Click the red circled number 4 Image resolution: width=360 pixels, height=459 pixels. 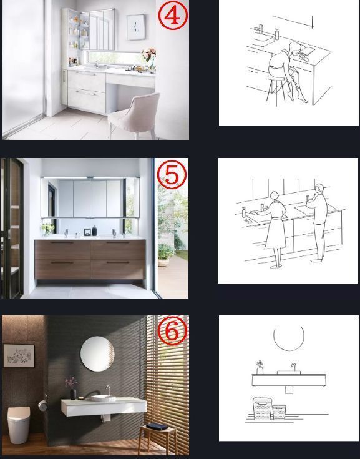[173, 16]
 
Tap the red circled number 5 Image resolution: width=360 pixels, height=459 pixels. [172, 174]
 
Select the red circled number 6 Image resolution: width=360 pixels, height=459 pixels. [172, 330]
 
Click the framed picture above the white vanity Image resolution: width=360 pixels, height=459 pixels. [136, 27]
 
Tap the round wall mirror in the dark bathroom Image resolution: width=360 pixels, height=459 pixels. [97, 353]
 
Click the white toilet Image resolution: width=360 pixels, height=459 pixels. [19, 425]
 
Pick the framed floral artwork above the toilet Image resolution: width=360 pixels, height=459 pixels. [19, 355]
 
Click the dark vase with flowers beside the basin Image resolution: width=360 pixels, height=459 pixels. [72, 388]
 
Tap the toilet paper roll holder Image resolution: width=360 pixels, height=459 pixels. [42, 405]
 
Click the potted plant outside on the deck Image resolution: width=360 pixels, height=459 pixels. [165, 254]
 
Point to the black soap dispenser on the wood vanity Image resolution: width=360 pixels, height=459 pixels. [94, 230]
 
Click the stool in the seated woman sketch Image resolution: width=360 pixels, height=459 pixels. [276, 89]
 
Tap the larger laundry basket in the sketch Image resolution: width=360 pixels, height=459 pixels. [262, 408]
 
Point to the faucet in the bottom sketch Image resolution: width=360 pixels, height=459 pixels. [294, 367]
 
